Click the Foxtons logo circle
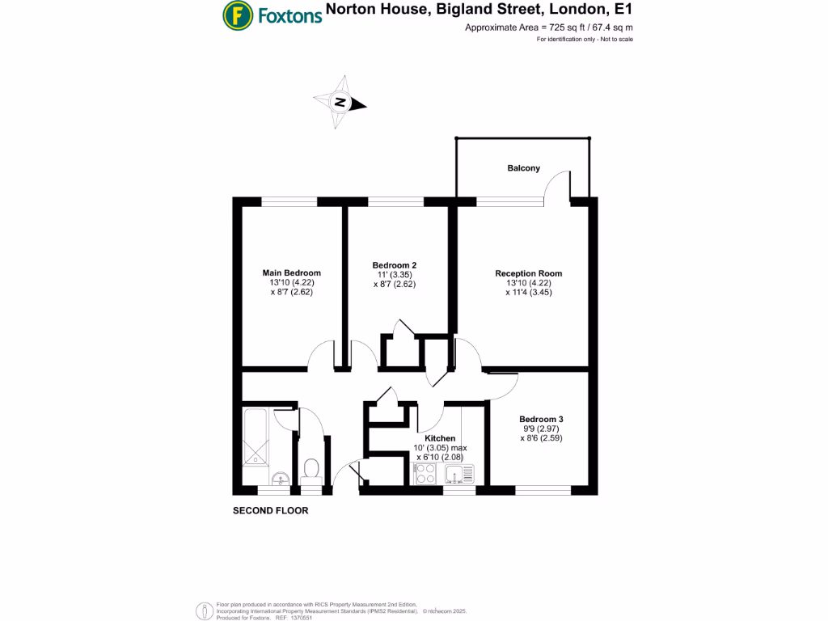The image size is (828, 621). [x=236, y=14]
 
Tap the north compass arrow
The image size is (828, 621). [x=341, y=103]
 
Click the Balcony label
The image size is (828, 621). [x=523, y=168]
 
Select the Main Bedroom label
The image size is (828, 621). [x=291, y=272]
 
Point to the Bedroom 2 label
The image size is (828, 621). [x=395, y=265]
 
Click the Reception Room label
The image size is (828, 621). [x=528, y=273]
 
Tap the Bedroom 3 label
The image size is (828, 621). [x=541, y=419]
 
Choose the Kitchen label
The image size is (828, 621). [x=440, y=438]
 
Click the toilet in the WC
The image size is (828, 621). [x=310, y=469]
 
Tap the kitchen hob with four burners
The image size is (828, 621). [x=425, y=475]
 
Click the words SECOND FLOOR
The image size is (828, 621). [x=270, y=511]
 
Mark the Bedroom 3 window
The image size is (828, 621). [x=543, y=489]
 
